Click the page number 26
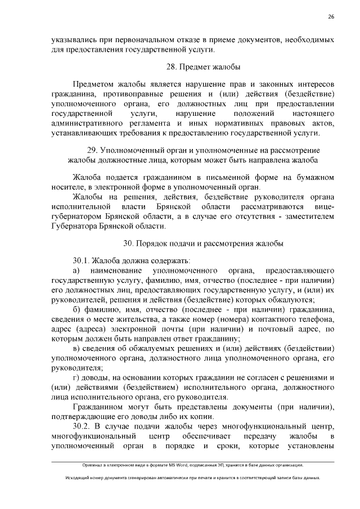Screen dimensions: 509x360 click(x=331, y=16)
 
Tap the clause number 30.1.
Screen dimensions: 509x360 click(x=82, y=260)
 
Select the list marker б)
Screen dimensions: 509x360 click(x=77, y=312)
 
